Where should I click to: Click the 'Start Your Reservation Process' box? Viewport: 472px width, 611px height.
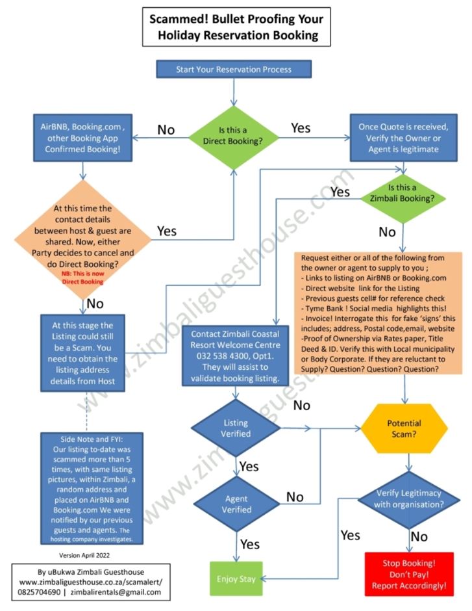tap(233, 70)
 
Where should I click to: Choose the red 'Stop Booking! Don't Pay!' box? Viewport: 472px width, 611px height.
tap(408, 574)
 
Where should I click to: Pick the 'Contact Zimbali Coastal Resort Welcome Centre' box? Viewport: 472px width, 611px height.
tap(236, 355)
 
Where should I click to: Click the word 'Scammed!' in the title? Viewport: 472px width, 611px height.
tap(179, 18)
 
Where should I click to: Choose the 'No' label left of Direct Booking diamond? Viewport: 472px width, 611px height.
tap(166, 130)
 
